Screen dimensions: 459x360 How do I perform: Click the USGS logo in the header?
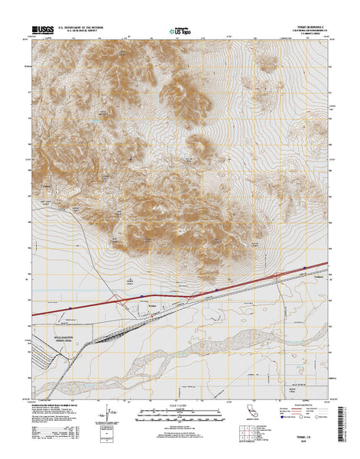[x=44, y=31]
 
